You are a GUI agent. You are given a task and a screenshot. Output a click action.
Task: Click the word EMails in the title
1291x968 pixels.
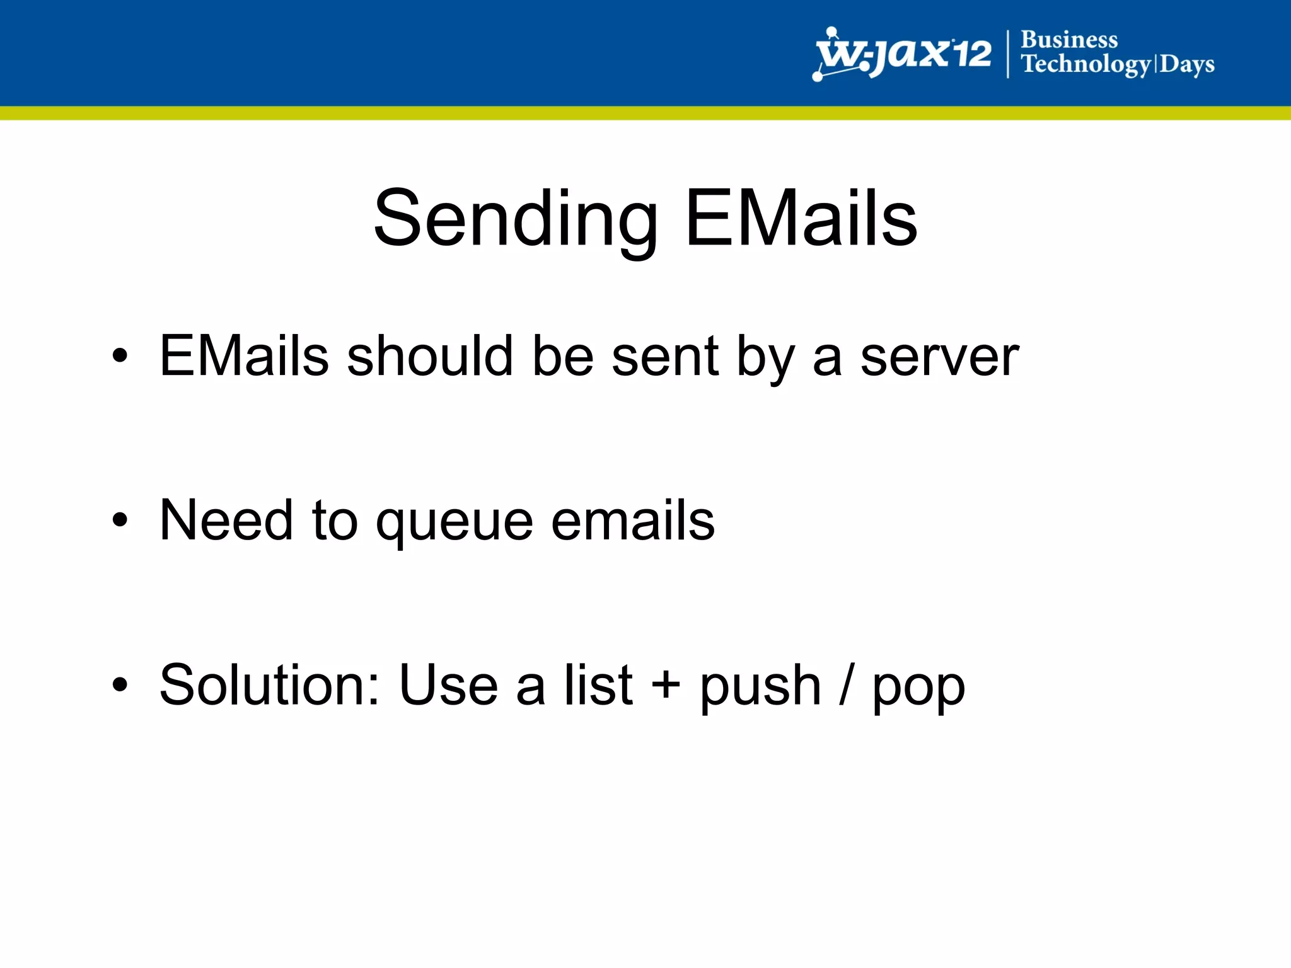click(801, 218)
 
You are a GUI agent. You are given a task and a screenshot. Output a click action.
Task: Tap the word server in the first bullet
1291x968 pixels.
click(939, 357)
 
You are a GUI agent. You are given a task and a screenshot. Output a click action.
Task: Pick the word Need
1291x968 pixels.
click(226, 521)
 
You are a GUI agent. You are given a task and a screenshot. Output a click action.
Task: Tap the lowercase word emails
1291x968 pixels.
click(633, 521)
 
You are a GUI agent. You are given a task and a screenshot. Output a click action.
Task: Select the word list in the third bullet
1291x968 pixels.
click(598, 685)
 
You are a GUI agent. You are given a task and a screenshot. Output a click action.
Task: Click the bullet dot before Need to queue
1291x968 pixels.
click(120, 521)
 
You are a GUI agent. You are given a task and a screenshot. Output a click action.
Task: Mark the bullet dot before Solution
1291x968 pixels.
click(120, 685)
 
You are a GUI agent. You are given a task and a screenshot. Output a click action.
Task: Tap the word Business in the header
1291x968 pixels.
click(1069, 40)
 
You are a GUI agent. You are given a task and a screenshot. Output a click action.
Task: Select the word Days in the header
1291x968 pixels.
click(1187, 65)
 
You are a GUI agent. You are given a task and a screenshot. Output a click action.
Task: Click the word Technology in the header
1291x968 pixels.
click(1086, 65)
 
